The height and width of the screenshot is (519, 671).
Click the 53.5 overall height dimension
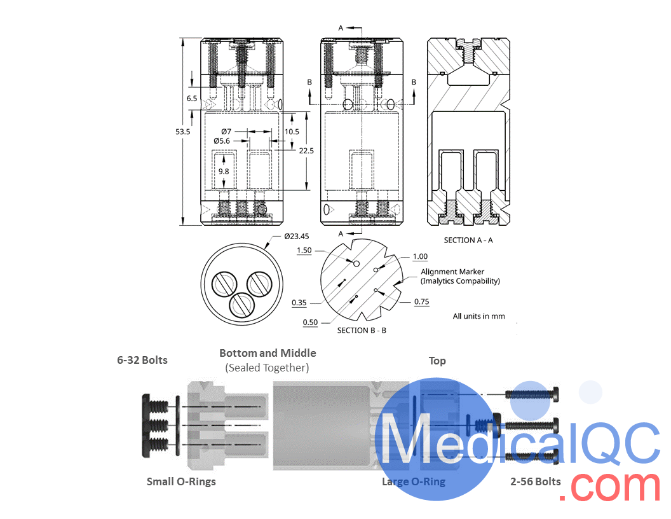coord(183,132)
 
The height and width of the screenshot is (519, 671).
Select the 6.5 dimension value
coord(192,99)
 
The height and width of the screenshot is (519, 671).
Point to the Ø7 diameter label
coord(226,132)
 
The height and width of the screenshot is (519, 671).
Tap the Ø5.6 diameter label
coord(222,141)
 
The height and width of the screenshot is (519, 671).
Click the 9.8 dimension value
coord(224,171)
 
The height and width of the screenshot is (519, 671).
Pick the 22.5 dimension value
coord(306,151)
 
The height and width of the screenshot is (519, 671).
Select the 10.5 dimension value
coord(292,132)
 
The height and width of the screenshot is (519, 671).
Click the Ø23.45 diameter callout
coord(297,236)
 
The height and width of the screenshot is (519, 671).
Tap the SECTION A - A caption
coord(468,240)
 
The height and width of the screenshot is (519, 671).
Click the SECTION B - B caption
coord(362,330)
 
